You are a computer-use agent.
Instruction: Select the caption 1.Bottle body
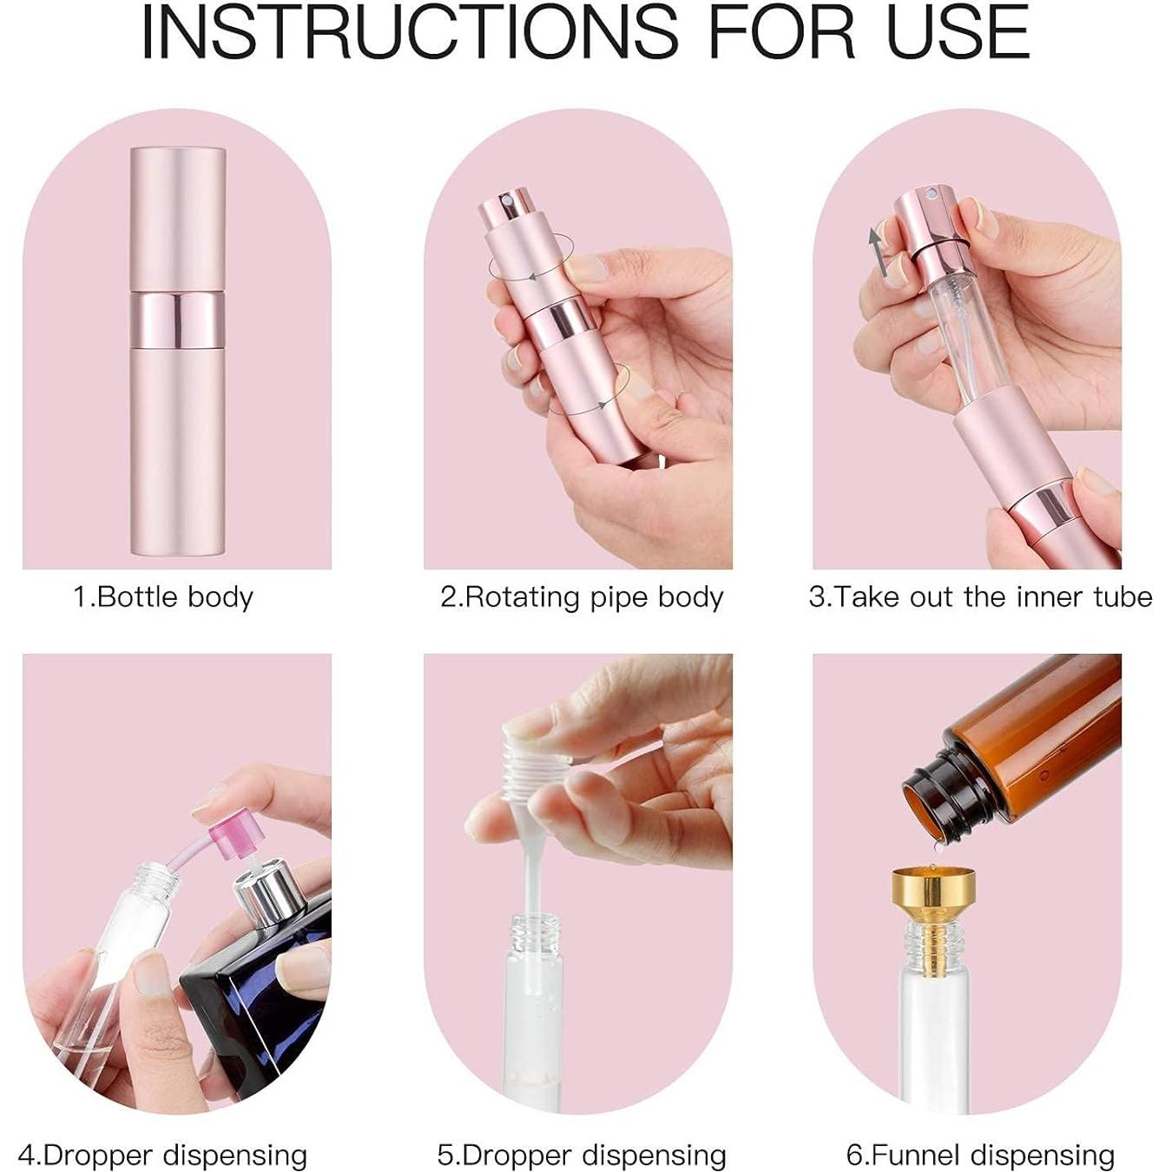coord(163,597)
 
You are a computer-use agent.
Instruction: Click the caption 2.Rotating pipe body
coord(582,597)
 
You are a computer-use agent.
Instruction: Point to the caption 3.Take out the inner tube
coord(980,597)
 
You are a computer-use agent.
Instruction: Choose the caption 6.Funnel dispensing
coord(980,1155)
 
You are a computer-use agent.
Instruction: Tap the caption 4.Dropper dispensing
coord(163,1155)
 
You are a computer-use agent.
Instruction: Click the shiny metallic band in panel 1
coord(177,319)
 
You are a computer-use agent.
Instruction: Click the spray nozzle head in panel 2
coord(499,213)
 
